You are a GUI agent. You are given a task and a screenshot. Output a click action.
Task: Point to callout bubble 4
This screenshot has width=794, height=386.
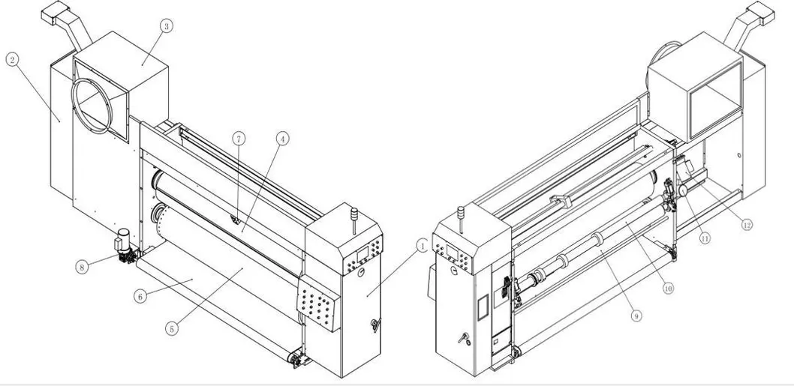(x=282, y=139)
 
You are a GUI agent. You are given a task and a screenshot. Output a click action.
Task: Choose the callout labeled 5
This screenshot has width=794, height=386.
(x=171, y=328)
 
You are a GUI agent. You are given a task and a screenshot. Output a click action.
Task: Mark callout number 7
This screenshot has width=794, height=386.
(x=238, y=139)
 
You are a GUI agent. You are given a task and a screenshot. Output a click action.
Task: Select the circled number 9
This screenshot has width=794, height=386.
(x=636, y=316)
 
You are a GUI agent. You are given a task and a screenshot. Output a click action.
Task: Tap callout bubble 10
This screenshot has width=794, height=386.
(x=668, y=287)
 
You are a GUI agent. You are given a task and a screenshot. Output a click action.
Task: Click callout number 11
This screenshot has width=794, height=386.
(x=705, y=238)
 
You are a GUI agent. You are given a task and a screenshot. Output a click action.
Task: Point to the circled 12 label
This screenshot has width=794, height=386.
(x=744, y=223)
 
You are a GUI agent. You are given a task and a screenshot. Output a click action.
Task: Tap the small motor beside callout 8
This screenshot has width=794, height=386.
(x=122, y=243)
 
